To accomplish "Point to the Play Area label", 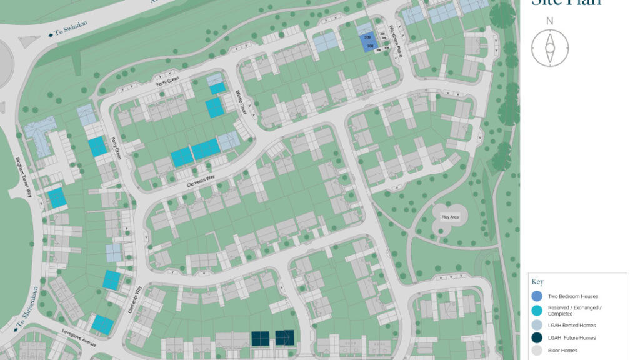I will (x=450, y=217).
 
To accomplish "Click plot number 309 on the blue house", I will (x=369, y=38).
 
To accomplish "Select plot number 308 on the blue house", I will (x=370, y=47).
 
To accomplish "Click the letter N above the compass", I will (x=549, y=21).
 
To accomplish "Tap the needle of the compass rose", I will (x=550, y=47).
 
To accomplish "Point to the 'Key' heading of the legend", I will (x=536, y=282).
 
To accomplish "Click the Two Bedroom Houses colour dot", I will (x=537, y=296).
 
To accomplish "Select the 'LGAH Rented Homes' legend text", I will (x=572, y=326).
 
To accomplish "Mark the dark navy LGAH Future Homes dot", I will (x=537, y=338).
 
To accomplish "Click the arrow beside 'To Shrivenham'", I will (x=14, y=329).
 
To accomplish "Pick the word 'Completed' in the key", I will (x=561, y=314).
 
